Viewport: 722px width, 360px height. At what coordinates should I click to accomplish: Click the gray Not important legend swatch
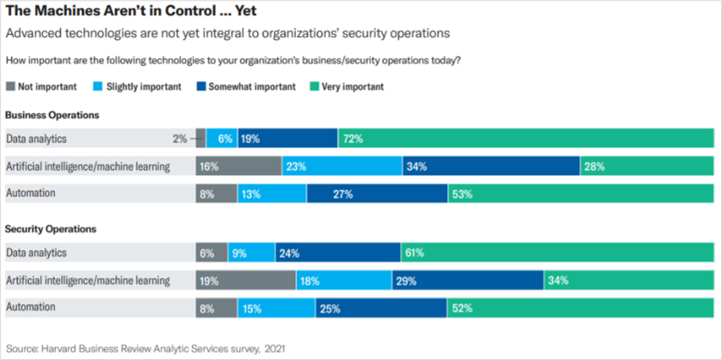10,86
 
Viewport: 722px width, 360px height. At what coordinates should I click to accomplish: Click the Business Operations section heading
52,115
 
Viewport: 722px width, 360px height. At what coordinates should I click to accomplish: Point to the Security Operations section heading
51,228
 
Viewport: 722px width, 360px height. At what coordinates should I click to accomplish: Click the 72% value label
353,139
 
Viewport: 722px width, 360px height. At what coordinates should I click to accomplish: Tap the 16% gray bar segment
238,166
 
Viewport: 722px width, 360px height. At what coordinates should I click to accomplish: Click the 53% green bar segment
581,194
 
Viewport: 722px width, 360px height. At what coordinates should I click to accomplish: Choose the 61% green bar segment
558,252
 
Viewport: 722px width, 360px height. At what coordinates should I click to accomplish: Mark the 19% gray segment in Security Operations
245,280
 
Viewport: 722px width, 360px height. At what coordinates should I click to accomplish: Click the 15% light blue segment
276,308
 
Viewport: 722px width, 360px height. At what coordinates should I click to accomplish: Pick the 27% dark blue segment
377,194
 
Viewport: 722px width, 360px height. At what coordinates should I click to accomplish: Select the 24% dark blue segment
337,252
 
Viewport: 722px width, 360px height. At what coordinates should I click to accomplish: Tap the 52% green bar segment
581,308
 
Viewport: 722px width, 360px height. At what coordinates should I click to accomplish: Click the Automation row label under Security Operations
31,308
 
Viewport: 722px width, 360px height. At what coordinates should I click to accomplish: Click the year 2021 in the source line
275,347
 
